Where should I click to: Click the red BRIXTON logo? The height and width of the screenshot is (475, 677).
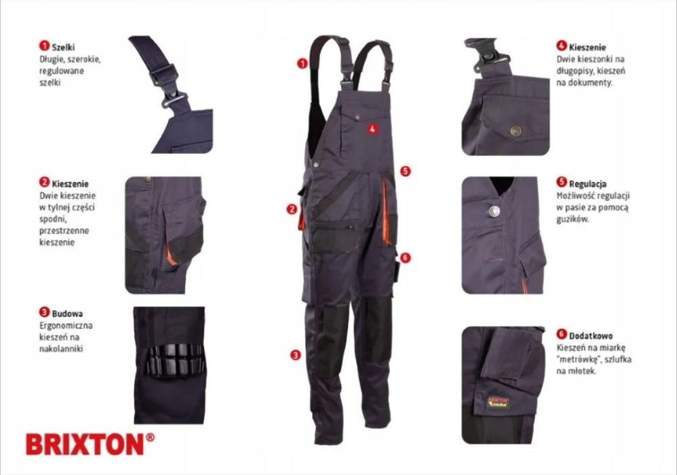point(84,444)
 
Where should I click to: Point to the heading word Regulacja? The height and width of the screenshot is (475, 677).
point(588,183)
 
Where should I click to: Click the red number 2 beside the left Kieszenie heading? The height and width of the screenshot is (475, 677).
point(44,183)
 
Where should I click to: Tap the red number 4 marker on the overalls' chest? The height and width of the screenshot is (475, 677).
point(372,128)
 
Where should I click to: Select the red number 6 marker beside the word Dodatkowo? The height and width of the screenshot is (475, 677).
point(561,335)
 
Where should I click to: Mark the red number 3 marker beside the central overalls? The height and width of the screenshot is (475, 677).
point(295,354)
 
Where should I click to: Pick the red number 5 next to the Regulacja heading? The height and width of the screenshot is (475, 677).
point(561,183)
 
